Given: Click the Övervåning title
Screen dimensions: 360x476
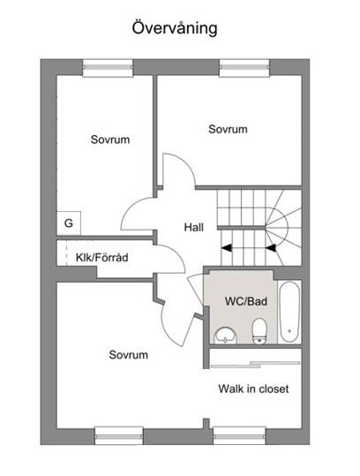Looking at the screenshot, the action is point(175,28).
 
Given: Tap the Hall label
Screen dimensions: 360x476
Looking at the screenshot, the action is point(194,227).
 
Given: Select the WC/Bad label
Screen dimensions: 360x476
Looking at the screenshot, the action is point(246,301).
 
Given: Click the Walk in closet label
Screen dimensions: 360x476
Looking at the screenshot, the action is point(253,389).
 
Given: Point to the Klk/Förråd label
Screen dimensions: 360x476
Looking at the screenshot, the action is point(101,258).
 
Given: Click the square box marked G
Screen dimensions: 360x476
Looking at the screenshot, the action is point(69,223).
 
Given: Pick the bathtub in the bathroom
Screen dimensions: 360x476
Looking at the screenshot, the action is point(289,312).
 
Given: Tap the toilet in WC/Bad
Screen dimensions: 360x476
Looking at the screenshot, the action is point(259,331).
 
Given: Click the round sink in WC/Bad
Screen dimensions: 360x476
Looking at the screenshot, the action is point(225,336).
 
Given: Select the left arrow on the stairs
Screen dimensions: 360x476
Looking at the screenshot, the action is point(227,248).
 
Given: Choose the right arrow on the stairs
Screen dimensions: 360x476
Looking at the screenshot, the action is point(271,248).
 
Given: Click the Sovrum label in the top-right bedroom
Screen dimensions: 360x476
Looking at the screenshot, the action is point(228,129).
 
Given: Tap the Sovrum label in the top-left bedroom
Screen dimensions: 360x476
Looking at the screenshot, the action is point(110,140).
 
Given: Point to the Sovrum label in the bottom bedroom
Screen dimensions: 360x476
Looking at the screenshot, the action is point(129,355).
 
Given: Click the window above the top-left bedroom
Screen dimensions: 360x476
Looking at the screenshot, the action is point(108,68).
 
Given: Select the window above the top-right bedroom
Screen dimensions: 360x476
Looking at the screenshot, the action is point(244,68).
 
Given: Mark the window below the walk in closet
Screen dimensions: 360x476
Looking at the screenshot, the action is point(240,436).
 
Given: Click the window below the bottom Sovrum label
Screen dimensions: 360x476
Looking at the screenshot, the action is point(119,436).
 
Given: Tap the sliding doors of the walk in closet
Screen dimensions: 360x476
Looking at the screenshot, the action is point(255,365).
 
